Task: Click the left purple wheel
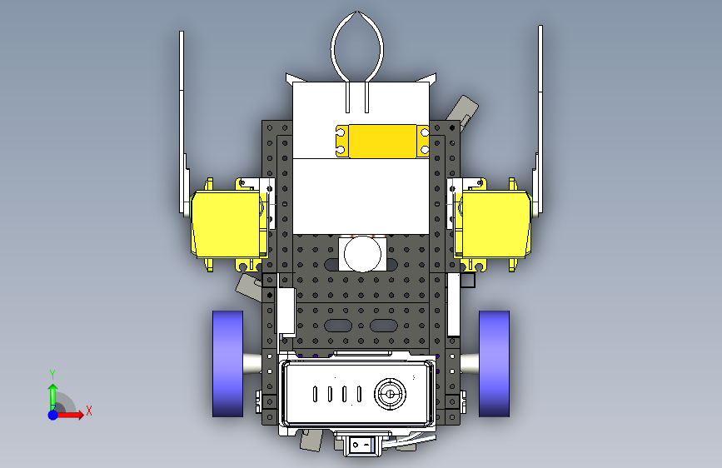pyautogui.click(x=227, y=363)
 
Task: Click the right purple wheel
pyautogui.click(x=494, y=363)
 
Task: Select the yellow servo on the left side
pyautogui.click(x=229, y=225)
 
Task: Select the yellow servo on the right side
pyautogui.click(x=493, y=225)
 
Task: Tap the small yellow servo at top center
pyautogui.click(x=382, y=141)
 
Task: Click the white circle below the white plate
pyautogui.click(x=362, y=254)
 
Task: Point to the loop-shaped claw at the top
pyautogui.click(x=357, y=46)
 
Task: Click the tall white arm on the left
pyautogui.click(x=183, y=124)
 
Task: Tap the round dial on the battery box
pyautogui.click(x=390, y=394)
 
